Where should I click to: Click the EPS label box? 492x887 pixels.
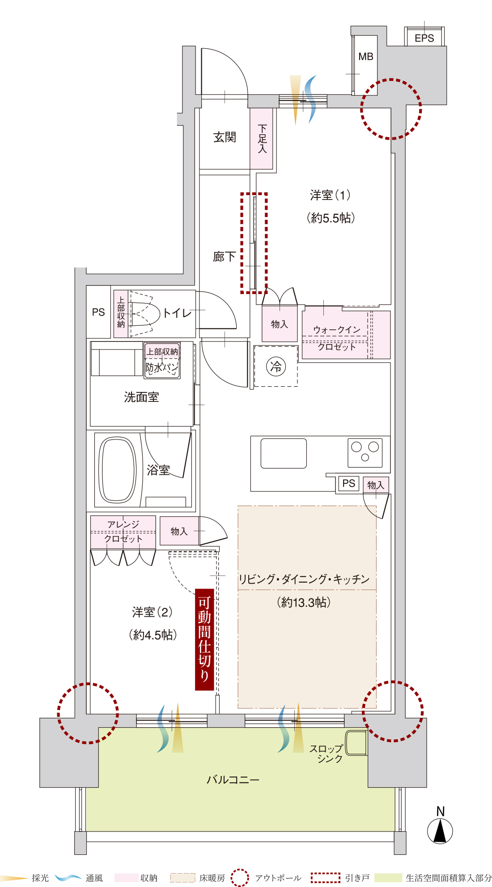click(424, 37)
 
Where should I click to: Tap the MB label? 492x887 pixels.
click(366, 57)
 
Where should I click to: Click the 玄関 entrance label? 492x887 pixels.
click(225, 137)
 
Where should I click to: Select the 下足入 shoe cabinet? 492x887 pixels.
click(262, 139)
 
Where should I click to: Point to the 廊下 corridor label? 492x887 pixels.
click(224, 256)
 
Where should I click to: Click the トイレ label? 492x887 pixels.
click(177, 313)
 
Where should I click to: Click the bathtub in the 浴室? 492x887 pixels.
click(117, 470)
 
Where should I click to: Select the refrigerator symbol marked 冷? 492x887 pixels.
click(276, 367)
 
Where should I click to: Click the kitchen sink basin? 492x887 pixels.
click(284, 453)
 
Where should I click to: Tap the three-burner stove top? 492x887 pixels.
click(365, 452)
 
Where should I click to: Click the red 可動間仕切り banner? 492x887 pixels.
click(204, 640)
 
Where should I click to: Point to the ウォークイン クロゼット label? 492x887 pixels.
click(336, 338)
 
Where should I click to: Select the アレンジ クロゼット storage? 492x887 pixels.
click(123, 532)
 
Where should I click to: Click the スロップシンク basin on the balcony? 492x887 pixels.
click(356, 742)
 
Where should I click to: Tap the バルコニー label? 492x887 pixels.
click(233, 780)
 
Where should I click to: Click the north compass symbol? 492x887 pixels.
click(440, 831)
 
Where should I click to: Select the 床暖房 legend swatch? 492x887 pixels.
click(182, 878)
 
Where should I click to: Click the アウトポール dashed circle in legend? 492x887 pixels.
click(240, 878)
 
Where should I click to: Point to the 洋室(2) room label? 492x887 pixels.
click(152, 612)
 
